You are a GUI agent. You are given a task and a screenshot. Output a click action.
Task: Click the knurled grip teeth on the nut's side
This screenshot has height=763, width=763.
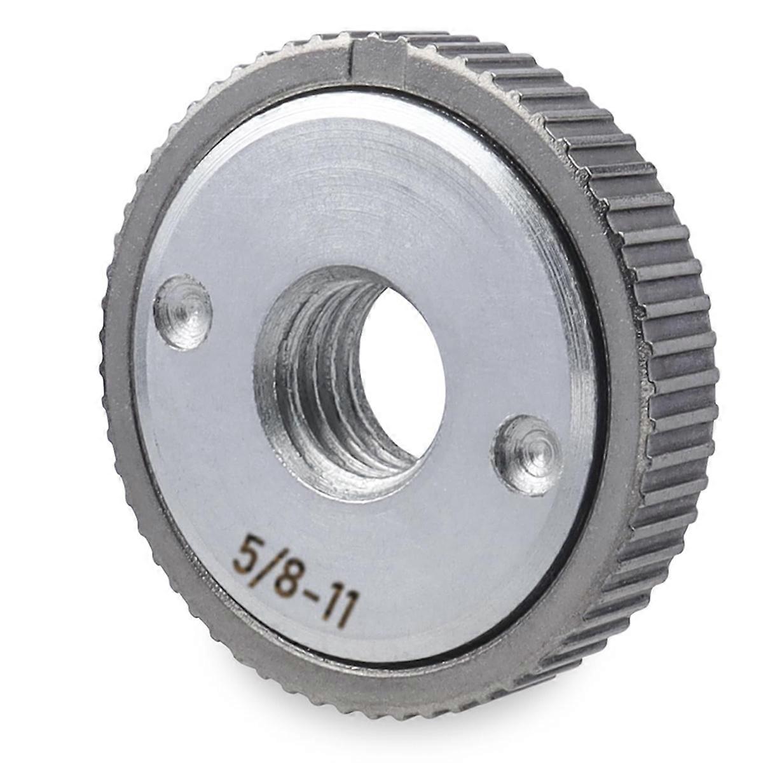point(674,318)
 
